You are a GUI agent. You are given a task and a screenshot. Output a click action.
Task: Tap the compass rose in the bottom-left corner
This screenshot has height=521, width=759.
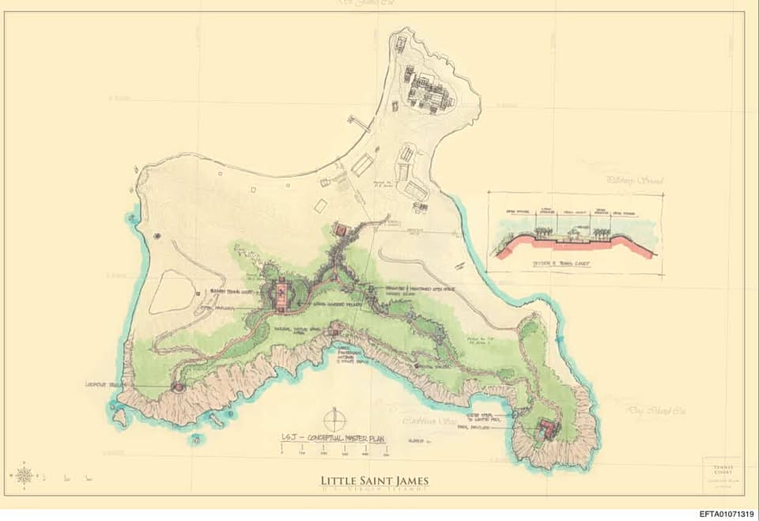click(24, 475)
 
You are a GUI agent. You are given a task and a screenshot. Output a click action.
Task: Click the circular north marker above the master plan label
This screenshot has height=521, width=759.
click(334, 417)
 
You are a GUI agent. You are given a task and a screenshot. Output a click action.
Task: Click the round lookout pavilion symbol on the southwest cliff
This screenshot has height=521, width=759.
click(177, 387)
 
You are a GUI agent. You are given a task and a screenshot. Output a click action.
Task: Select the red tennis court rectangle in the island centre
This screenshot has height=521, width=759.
click(279, 295)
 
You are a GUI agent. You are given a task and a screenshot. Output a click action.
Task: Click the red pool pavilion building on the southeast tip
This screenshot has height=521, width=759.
click(546, 430)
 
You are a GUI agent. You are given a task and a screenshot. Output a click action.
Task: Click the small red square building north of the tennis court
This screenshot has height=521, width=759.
click(342, 230)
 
